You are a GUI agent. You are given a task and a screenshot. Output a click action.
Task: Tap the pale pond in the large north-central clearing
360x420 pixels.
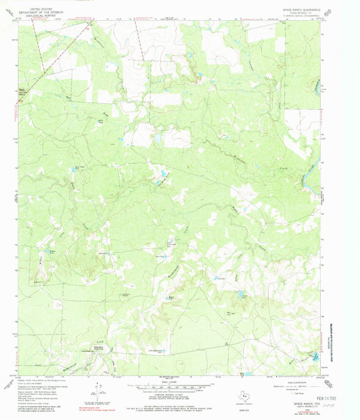(157, 138)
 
